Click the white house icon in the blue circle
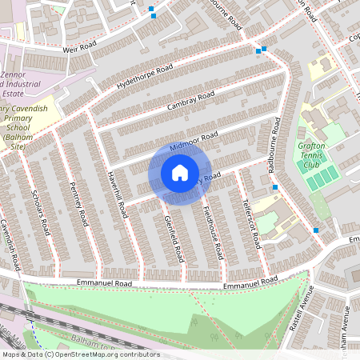(x=179, y=172)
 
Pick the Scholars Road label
(x=46, y=219)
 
